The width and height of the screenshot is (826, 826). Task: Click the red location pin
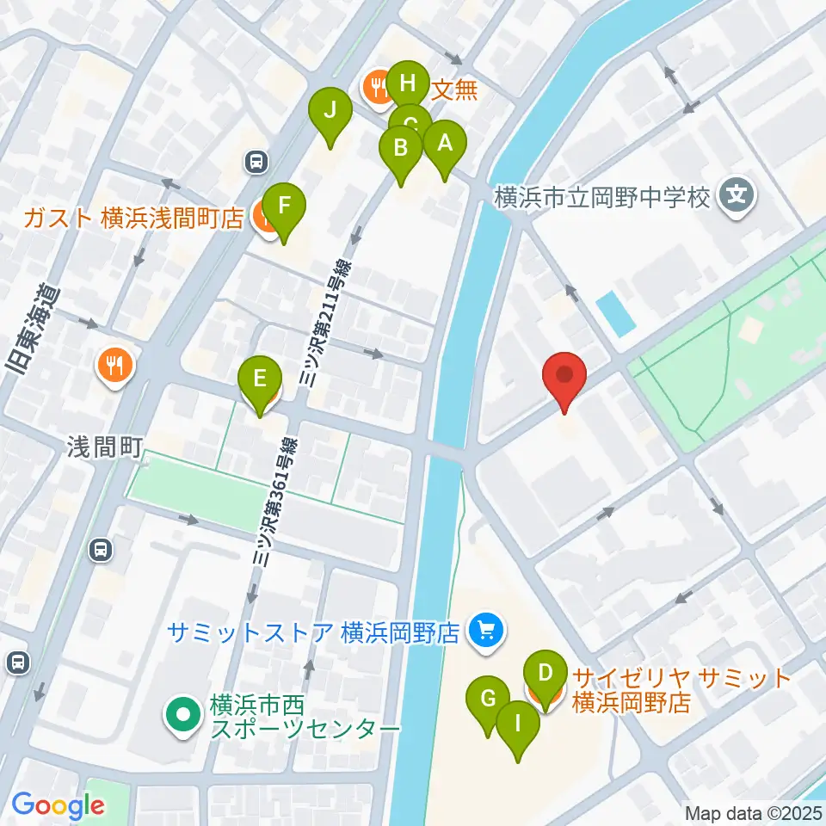[x=564, y=379]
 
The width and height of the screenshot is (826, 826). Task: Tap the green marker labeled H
[x=408, y=84]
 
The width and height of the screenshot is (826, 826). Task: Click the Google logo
[x=58, y=805]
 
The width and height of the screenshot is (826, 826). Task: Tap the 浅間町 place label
[x=100, y=446]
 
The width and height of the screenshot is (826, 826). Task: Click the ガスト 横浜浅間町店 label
[x=133, y=218]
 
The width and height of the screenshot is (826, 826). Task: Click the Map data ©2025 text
[x=754, y=811]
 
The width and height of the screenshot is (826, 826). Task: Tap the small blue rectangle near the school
[x=615, y=313]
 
